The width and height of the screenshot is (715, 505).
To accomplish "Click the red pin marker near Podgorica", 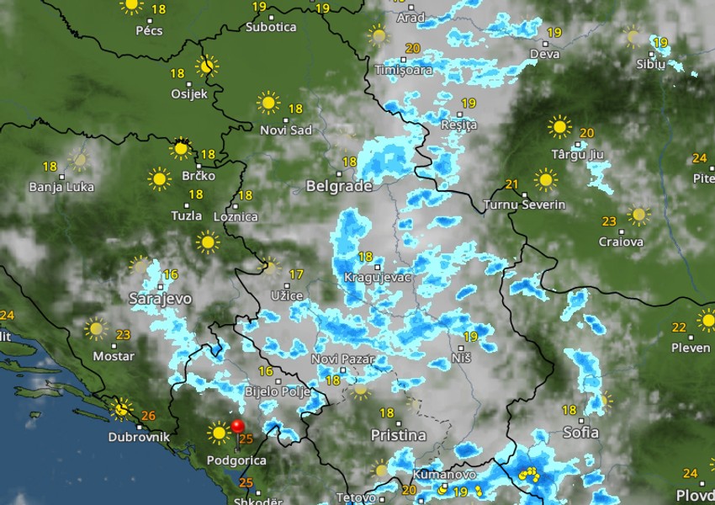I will pyautogui.click(x=237, y=427).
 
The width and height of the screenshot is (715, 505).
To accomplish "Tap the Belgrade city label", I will pyautogui.click(x=339, y=186).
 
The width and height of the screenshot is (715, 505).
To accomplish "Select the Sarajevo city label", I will pyautogui.click(x=161, y=299).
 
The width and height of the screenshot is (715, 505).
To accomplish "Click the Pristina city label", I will pyautogui.click(x=398, y=435).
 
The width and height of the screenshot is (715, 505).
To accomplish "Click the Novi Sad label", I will pyautogui.click(x=286, y=130).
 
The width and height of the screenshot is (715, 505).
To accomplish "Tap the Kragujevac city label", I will pyautogui.click(x=378, y=277).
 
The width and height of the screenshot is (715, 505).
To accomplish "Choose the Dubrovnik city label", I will pyautogui.click(x=139, y=438).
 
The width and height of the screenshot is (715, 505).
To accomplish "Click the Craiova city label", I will pyautogui.click(x=621, y=242).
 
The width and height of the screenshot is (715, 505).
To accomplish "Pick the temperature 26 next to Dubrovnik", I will pyautogui.click(x=149, y=416).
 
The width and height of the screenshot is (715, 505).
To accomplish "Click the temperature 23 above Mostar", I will pyautogui.click(x=123, y=335).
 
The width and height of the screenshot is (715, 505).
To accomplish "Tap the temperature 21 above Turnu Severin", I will pyautogui.click(x=511, y=184).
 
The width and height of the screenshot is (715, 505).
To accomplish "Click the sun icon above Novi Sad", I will pyautogui.click(x=268, y=104).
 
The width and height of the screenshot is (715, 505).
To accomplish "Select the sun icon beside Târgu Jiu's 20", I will pyautogui.click(x=559, y=127).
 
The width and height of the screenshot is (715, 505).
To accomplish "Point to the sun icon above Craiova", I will pyautogui.click(x=639, y=215).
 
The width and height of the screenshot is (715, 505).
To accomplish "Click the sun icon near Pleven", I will pyautogui.click(x=707, y=320).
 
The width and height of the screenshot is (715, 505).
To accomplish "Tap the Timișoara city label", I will pyautogui.click(x=404, y=70).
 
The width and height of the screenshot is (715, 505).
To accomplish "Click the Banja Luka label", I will pyautogui.click(x=61, y=187).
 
